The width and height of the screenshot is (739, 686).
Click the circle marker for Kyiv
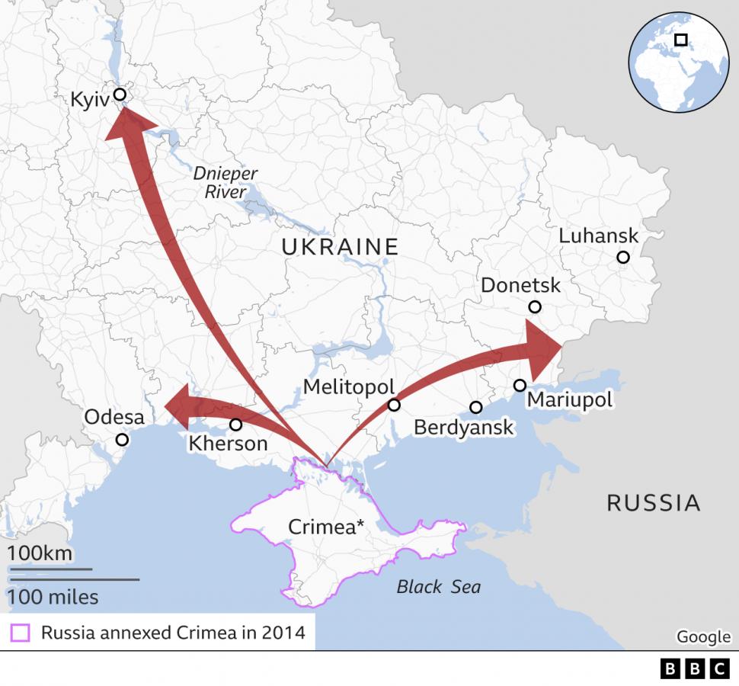(120, 95)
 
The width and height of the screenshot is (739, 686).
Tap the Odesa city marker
(122, 440)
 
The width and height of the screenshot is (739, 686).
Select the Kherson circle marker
(235, 425)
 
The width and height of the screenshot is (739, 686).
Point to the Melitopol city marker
(394, 405)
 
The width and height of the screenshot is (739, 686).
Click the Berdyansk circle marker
(476, 408)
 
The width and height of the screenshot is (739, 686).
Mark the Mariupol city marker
(520, 386)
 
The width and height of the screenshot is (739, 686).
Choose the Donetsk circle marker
(535, 307)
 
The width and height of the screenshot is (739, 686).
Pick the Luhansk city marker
(623, 257)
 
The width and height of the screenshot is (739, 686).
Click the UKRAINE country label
(340, 246)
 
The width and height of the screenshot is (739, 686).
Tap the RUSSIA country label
(653, 502)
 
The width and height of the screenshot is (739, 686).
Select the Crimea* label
(326, 527)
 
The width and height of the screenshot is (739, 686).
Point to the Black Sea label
(438, 586)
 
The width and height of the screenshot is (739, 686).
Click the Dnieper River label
(225, 182)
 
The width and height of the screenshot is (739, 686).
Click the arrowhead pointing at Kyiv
(126, 123)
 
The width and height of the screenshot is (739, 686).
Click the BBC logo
(695, 668)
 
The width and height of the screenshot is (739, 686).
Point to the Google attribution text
(702, 636)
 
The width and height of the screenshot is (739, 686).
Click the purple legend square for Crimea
(21, 633)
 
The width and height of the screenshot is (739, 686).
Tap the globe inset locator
(678, 62)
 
